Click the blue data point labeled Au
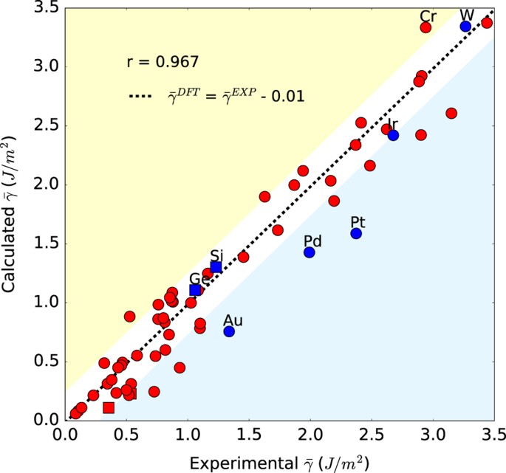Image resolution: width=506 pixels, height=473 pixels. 229,331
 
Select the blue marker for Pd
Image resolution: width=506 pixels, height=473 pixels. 310,252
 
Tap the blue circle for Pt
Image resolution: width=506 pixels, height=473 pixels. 356,233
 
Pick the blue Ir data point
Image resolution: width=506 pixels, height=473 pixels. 393,135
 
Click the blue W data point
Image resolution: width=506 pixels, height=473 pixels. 465,26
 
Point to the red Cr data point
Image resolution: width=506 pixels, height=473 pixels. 425,27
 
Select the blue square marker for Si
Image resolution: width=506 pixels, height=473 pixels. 216,267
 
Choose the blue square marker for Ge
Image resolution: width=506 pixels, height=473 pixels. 195,290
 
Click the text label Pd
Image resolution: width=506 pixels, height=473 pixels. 313,241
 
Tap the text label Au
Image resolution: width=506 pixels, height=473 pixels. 233,320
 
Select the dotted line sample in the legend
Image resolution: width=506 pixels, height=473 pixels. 142,97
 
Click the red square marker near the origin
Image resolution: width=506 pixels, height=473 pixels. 109,407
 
